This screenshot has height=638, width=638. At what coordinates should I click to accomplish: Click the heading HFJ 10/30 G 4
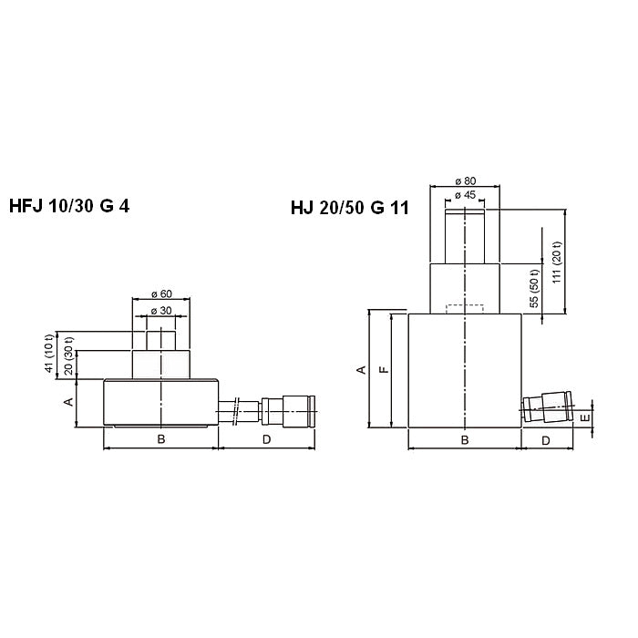pos(69,206)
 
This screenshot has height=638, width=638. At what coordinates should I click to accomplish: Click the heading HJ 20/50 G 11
pos(349,208)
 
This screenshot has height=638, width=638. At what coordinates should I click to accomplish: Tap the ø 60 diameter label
pos(161,293)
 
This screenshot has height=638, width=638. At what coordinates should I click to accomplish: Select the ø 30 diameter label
pos(161,311)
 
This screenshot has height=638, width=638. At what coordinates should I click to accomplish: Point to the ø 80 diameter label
pos(466,180)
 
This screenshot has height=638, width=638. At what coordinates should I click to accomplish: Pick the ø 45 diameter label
pos(466,195)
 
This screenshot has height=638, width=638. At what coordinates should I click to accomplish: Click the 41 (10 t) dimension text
pos(49,354)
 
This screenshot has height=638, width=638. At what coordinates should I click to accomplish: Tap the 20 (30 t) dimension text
pos(68,355)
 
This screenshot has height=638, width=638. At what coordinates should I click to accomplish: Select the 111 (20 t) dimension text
pos(557,262)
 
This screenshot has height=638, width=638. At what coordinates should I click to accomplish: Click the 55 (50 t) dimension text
pos(535,289)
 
